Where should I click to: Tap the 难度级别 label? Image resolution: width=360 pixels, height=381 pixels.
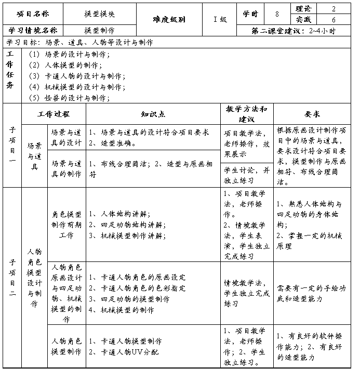(x=169, y=19)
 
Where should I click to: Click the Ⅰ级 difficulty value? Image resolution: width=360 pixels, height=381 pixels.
(x=220, y=19)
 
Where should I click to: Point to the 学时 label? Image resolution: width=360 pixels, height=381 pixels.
(x=250, y=14)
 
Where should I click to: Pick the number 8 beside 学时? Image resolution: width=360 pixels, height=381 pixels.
(x=277, y=14)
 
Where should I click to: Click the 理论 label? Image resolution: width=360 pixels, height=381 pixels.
(x=304, y=9)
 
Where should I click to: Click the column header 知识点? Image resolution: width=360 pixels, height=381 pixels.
(x=153, y=114)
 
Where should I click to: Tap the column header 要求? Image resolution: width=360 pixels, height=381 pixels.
(x=312, y=114)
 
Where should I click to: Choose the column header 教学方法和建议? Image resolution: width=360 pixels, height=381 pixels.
(x=247, y=114)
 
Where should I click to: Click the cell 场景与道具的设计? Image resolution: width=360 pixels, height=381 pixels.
(x=66, y=138)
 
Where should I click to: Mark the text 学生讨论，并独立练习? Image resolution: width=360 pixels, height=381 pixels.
(x=247, y=175)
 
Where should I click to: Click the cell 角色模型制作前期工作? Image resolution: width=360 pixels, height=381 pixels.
(x=66, y=225)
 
